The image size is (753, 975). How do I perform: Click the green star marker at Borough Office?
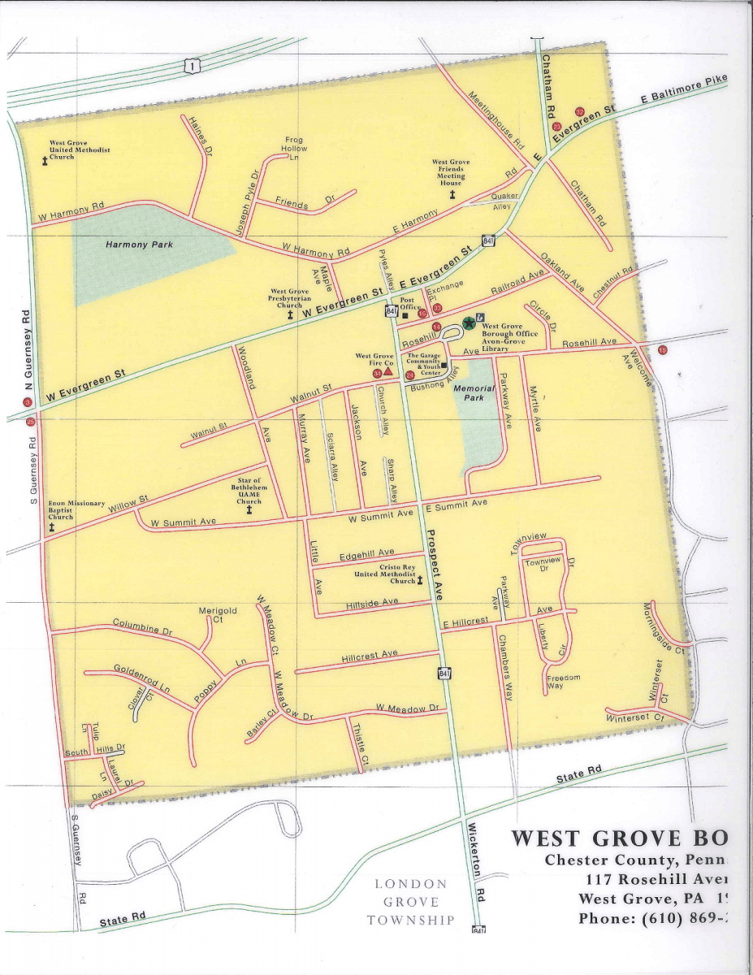[469, 323]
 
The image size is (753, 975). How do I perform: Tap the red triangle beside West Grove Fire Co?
[388, 371]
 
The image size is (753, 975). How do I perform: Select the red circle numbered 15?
[663, 350]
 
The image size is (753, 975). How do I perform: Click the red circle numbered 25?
[31, 422]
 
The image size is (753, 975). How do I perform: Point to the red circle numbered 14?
[436, 327]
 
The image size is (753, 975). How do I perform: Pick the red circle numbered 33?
[437, 308]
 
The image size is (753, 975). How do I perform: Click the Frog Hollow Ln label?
[294, 149]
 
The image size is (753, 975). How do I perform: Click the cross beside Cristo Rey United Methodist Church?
[421, 580]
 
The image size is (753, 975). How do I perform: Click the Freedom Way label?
[563, 682]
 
